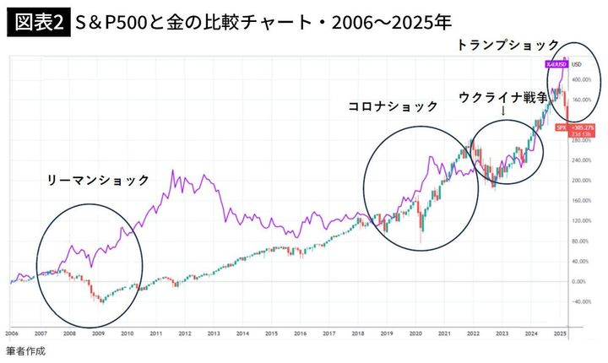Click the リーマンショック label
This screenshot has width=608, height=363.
click(x=99, y=181)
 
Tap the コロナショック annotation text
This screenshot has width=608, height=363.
click(x=394, y=106)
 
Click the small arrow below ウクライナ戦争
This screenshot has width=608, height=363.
click(x=503, y=111)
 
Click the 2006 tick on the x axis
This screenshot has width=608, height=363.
click(x=13, y=334)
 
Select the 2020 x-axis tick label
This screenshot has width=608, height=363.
click(x=414, y=334)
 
